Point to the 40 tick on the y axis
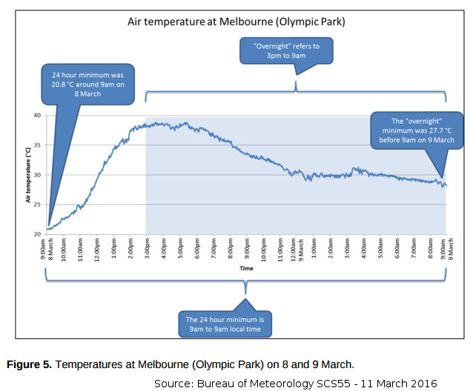(x=36, y=116)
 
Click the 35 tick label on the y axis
(x=36, y=145)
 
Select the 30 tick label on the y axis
(x=36, y=175)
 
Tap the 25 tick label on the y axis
(x=36, y=204)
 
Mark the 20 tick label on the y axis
(x=36, y=234)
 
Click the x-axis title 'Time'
(x=245, y=268)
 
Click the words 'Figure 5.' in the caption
(x=29, y=364)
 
